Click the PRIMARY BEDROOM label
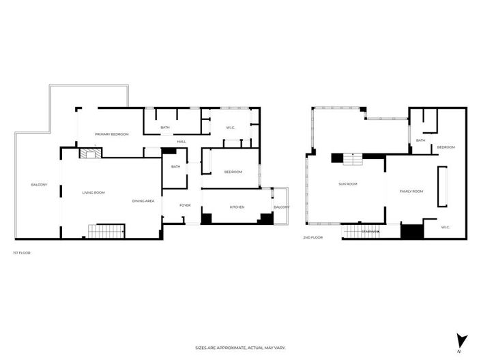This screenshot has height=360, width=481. tap(112, 134)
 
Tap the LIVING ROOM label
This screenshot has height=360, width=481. tap(93, 193)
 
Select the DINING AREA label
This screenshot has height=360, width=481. tap(143, 201)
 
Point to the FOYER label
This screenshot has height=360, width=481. tap(185, 205)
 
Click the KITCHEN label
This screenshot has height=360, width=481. tap(237, 207)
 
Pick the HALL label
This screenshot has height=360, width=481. tap(181, 142)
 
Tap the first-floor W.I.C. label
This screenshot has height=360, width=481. tap(222, 127)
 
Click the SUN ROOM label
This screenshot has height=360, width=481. tap(348, 183)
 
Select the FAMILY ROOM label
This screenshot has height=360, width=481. tap(411, 192)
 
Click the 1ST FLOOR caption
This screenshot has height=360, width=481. tap(21, 253)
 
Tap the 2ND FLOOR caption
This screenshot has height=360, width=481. tap(313, 237)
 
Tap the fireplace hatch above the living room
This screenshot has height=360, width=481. tap(88, 154)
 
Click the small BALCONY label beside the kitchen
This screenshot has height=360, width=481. tap(281, 207)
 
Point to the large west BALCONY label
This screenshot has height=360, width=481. tap(39, 185)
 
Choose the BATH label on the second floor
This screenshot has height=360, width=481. tap(420, 140)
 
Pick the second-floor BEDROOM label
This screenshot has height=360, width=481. tap(446, 147)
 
